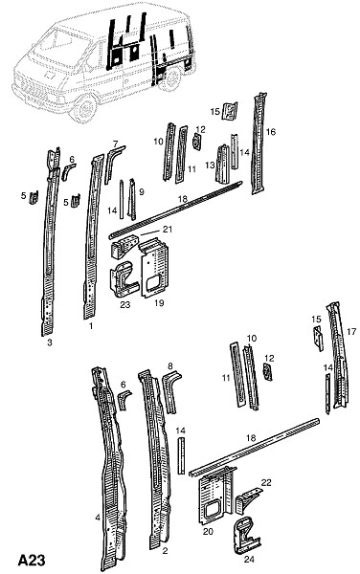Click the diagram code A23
pyautogui.click(x=32, y=560)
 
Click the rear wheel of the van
pyautogui.click(x=170, y=78)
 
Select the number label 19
pyautogui.click(x=159, y=303)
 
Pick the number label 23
pyautogui.click(x=125, y=304)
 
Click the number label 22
pyautogui.click(x=266, y=482)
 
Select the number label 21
pyautogui.click(x=168, y=230)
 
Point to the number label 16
pyautogui.click(x=271, y=132)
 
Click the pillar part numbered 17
pyautogui.click(x=338, y=355)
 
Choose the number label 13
pyautogui.click(x=210, y=166)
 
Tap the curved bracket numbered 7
pyautogui.click(x=112, y=165)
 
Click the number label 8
pyautogui.click(x=169, y=365)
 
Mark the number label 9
pyautogui.click(x=142, y=192)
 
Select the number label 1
pyautogui.click(x=91, y=325)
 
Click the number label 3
pyautogui.click(x=50, y=343)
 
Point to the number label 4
pyautogui.click(x=98, y=518)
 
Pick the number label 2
pyautogui.click(x=166, y=551)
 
